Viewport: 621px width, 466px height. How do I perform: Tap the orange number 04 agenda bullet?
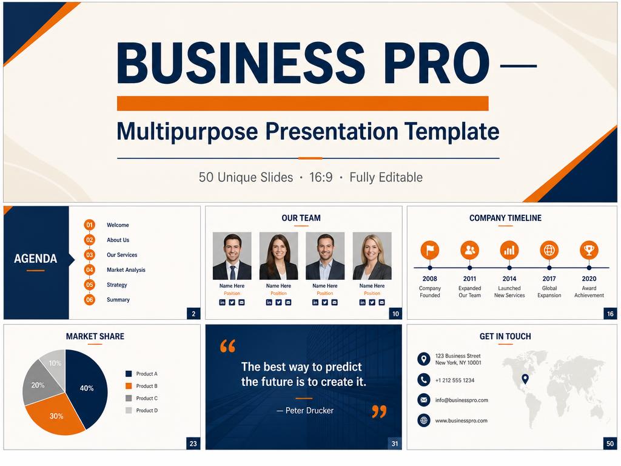point(90,270)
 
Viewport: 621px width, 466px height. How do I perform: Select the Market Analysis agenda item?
point(126,270)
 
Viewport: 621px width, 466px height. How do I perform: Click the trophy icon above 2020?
point(589,250)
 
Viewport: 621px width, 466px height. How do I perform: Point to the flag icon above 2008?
point(430,250)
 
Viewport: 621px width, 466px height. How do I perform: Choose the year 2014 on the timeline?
point(509,279)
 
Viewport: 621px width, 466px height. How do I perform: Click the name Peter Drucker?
point(309,411)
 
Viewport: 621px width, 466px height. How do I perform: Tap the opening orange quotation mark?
point(228,346)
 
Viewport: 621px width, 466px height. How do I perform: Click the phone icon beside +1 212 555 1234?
point(424,380)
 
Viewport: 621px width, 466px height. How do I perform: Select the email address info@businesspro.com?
point(462,400)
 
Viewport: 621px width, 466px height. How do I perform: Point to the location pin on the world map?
point(525,379)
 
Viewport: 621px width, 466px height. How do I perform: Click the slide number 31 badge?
point(394,444)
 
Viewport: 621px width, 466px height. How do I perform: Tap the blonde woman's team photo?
point(372,256)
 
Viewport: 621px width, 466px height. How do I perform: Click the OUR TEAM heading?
point(301,218)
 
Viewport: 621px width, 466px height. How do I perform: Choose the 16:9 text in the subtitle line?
point(321,177)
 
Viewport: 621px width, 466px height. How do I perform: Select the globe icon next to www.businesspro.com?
point(424,420)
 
